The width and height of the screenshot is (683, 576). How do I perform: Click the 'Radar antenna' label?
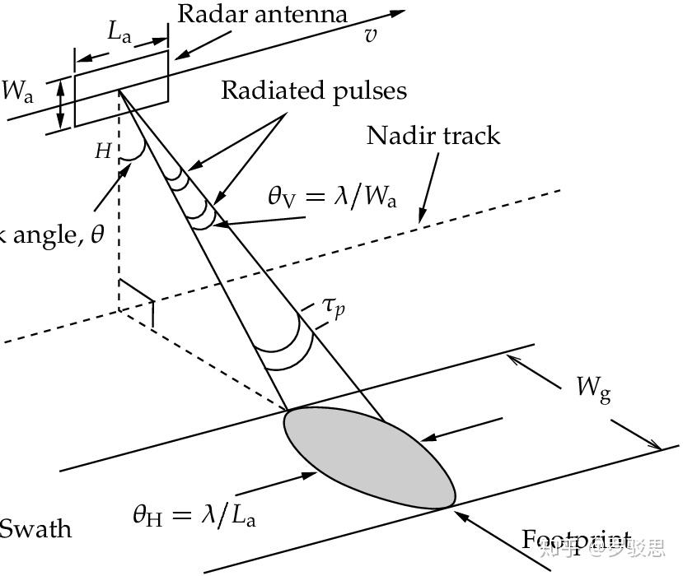click(x=262, y=15)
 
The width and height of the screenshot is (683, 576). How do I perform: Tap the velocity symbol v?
click(x=371, y=35)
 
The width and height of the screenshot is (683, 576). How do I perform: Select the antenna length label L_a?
click(x=120, y=33)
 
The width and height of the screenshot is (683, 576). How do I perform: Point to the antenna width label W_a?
click(x=17, y=91)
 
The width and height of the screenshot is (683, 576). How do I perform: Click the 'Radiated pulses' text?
click(x=313, y=90)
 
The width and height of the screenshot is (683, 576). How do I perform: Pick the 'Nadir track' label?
click(x=433, y=135)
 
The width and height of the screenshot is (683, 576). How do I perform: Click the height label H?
click(x=103, y=151)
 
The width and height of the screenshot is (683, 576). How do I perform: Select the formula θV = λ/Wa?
click(x=331, y=197)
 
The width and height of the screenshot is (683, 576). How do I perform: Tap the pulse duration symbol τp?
click(x=334, y=308)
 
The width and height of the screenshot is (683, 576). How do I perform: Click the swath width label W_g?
click(x=593, y=387)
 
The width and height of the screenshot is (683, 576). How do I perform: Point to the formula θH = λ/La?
click(x=194, y=515)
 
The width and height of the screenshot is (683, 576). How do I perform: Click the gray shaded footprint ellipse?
click(x=369, y=457)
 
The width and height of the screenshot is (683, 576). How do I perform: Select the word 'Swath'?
click(x=35, y=528)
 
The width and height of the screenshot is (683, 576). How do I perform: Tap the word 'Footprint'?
click(x=577, y=541)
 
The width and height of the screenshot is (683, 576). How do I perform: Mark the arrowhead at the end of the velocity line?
click(x=398, y=13)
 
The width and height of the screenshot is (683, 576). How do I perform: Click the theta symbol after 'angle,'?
click(x=98, y=235)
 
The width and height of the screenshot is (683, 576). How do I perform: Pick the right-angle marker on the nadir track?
click(x=137, y=296)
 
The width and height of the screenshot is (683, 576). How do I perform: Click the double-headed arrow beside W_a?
click(x=59, y=105)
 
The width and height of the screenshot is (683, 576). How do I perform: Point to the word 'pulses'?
click(x=369, y=91)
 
